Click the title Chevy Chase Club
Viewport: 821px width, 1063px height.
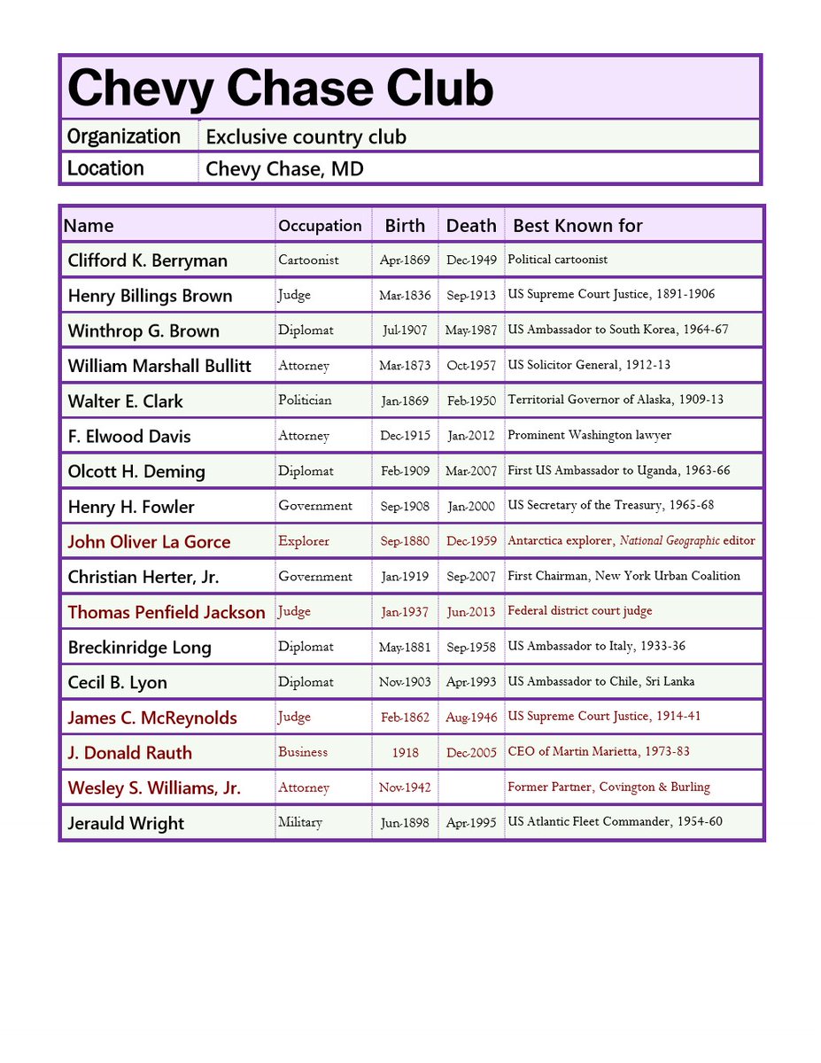tap(280, 89)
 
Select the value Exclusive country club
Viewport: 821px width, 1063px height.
tap(306, 136)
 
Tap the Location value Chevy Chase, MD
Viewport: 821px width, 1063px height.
tap(284, 168)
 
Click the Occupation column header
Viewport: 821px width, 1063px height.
tap(320, 226)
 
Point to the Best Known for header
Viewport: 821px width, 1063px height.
tap(577, 226)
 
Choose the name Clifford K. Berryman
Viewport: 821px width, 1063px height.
tap(148, 260)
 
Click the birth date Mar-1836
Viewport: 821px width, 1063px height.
tap(405, 295)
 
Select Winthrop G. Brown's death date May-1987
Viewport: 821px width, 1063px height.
tap(470, 330)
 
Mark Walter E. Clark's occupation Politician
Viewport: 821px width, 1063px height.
tap(305, 400)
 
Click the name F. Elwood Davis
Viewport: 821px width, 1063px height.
tap(129, 436)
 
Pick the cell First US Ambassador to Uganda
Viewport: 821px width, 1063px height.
tap(618, 470)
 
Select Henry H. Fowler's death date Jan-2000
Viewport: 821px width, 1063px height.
tap(470, 506)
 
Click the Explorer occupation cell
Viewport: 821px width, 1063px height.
tap(304, 540)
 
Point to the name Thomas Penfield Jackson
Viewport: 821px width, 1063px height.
tap(167, 612)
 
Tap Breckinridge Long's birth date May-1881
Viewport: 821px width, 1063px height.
tap(405, 647)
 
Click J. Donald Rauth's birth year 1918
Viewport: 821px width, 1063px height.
tap(405, 752)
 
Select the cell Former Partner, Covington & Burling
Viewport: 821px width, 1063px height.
tap(608, 787)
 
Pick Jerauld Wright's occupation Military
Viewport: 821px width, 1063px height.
tap(300, 822)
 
